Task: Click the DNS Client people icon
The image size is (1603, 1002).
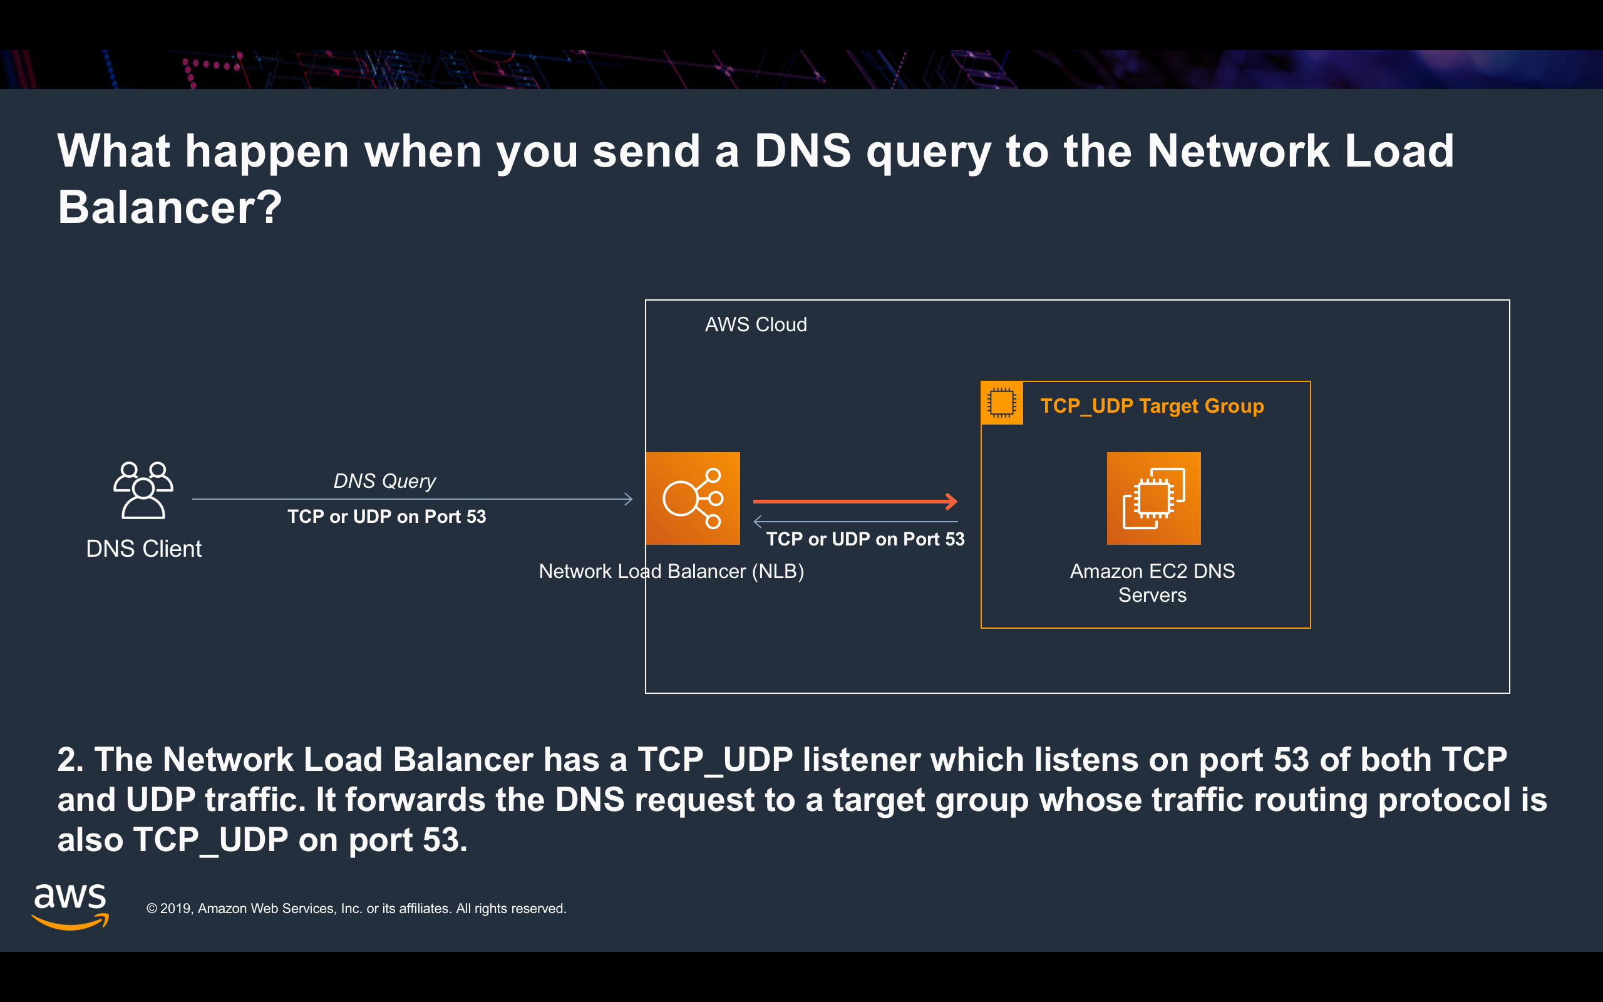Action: click(x=143, y=490)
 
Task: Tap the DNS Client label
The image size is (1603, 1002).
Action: click(x=144, y=549)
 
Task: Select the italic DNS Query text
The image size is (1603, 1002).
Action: click(x=384, y=481)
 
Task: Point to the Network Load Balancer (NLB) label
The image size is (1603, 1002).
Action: click(x=671, y=571)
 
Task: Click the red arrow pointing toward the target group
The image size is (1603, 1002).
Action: click(x=855, y=502)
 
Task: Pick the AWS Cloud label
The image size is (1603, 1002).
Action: click(x=755, y=325)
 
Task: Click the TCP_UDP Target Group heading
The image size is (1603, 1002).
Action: click(x=1152, y=406)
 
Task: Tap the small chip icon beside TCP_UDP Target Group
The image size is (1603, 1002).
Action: click(x=1001, y=403)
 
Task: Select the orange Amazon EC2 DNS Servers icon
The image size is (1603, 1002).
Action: click(x=1153, y=498)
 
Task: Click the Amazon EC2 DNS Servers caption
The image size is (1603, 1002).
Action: click(x=1152, y=583)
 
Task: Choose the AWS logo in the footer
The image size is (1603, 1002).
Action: click(x=70, y=907)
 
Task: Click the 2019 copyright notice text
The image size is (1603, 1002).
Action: click(x=356, y=909)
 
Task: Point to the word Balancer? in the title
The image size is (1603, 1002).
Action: click(x=170, y=207)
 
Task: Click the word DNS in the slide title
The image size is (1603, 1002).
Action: click(x=802, y=151)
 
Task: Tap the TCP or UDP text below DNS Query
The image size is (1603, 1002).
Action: click(x=386, y=517)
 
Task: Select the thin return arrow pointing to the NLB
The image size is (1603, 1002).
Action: click(x=855, y=522)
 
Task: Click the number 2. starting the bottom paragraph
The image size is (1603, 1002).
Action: click(x=70, y=760)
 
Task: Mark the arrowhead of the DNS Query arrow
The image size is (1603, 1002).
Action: click(x=628, y=499)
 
